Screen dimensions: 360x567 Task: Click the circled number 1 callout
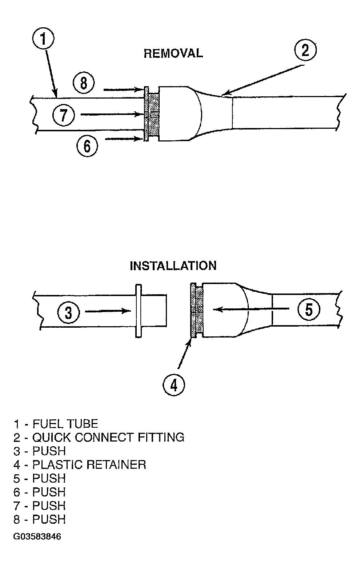tap(43, 39)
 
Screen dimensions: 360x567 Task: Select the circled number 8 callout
tap(84, 83)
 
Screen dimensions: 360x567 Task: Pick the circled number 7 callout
tap(64, 115)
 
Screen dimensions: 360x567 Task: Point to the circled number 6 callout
tap(87, 145)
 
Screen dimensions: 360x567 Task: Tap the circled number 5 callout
tap(309, 309)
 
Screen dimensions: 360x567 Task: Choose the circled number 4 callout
tap(174, 385)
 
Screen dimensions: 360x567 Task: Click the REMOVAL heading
tap(173, 53)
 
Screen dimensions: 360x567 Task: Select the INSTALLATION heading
tap(173, 266)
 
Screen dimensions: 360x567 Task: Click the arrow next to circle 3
tap(108, 311)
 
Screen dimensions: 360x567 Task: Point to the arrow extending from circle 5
tap(251, 309)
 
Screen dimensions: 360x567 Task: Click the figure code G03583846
tap(37, 536)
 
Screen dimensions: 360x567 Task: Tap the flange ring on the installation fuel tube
tap(139, 311)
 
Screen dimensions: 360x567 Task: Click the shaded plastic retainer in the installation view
tap(197, 310)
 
